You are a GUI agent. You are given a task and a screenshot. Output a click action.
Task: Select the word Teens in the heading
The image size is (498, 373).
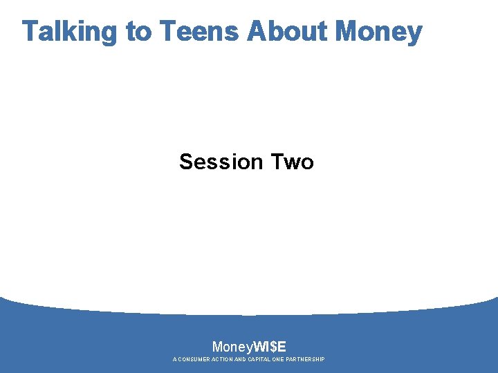point(199,32)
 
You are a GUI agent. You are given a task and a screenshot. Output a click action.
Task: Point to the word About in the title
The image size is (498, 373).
point(287,32)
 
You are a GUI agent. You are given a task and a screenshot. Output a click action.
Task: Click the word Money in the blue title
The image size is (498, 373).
point(378,32)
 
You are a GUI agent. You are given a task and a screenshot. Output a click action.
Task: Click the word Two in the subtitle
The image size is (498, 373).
point(292,162)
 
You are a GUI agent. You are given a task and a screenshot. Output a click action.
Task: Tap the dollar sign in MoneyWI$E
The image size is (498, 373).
point(275,347)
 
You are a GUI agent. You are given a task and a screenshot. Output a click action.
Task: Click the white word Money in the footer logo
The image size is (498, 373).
point(232,347)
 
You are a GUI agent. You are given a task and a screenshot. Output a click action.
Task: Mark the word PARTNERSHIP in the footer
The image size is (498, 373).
point(310,360)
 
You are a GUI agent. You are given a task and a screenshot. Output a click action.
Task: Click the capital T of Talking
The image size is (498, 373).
point(30,32)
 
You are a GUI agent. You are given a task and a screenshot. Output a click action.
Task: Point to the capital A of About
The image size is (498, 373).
point(257,32)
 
